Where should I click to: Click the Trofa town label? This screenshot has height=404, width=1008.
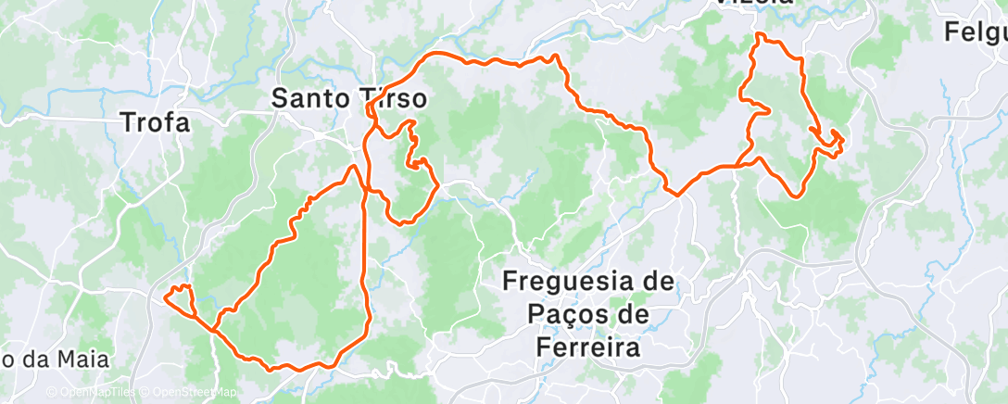(156, 121)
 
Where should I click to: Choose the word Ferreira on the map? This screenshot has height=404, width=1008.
(588, 347)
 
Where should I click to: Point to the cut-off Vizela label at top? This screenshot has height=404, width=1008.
(755, 3)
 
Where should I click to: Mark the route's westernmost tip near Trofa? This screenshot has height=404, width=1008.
(165, 297)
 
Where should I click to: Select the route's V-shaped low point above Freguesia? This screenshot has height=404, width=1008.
(677, 196)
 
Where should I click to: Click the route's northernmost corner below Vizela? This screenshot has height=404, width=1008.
(760, 34)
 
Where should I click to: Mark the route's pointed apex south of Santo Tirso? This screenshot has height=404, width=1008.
(353, 167)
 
